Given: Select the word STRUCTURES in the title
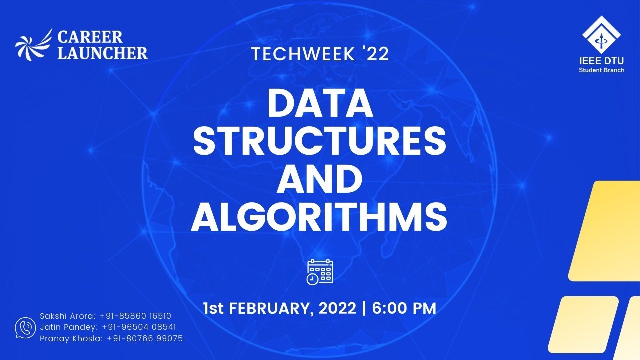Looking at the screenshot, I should pyautogui.click(x=320, y=142).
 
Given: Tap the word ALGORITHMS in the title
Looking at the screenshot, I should pyautogui.click(x=319, y=217).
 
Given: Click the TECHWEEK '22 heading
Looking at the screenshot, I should pyautogui.click(x=320, y=54).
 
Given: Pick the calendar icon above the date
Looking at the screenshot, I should pyautogui.click(x=320, y=272).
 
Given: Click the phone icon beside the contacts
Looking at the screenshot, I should pyautogui.click(x=25, y=327).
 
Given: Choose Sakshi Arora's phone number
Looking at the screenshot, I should pyautogui.click(x=136, y=316).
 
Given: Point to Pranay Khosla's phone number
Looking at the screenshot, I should pyautogui.click(x=145, y=339).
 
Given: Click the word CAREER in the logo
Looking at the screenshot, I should pyautogui.click(x=90, y=37).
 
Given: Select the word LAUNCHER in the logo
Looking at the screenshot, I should pyautogui.click(x=102, y=53).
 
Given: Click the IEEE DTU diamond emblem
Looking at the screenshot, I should pyautogui.click(x=601, y=35).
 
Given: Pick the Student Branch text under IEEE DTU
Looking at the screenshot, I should pyautogui.click(x=601, y=70).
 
